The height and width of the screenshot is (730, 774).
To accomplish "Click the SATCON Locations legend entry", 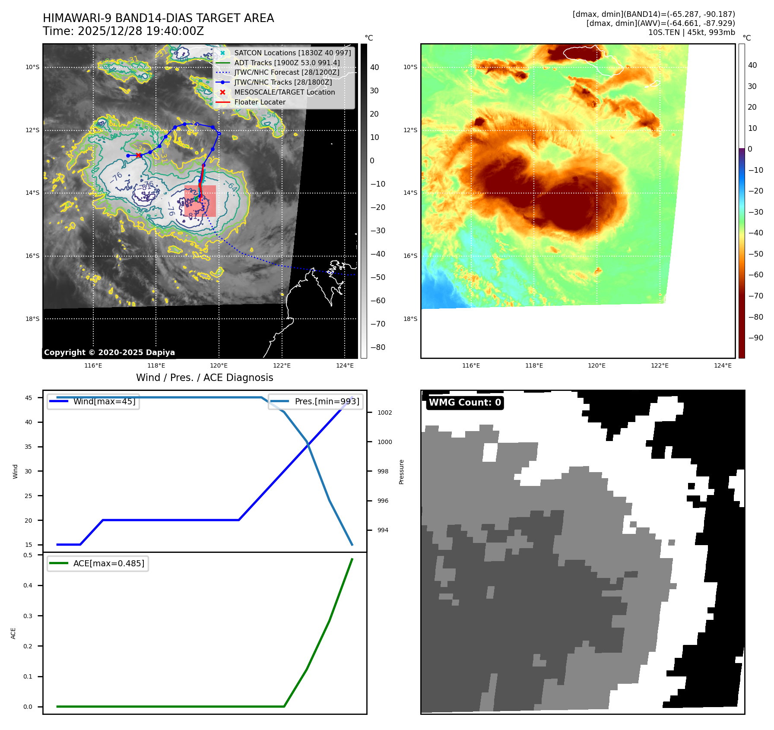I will click(x=292, y=53).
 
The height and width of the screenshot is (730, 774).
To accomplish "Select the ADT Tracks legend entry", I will click(x=287, y=63).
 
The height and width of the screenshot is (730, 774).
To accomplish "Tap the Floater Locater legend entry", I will click(x=260, y=102).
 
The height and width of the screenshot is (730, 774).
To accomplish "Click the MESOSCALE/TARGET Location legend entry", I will click(x=284, y=92).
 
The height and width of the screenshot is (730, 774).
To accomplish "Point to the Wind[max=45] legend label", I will click(x=104, y=401).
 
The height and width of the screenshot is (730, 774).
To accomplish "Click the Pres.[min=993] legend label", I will click(x=327, y=401).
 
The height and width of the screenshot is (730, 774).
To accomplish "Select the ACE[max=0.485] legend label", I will click(x=108, y=563).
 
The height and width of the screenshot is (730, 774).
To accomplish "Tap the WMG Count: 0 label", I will click(x=465, y=403).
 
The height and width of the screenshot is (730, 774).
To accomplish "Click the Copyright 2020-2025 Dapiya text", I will click(x=109, y=352).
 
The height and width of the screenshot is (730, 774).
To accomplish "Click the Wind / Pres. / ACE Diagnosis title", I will click(x=204, y=378).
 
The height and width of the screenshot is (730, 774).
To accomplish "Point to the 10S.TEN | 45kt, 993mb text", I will click(x=691, y=32).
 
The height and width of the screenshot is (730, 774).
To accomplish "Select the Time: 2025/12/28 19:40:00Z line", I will click(x=123, y=31).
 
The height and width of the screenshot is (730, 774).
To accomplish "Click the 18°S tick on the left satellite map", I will click(x=32, y=319).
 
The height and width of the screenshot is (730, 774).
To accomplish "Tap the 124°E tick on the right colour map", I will click(x=723, y=365).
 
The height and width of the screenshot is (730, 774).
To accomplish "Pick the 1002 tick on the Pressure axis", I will click(x=384, y=413).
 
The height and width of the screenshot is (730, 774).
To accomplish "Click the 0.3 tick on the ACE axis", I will click(x=28, y=616).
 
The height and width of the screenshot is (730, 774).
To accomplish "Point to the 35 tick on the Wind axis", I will click(x=29, y=447).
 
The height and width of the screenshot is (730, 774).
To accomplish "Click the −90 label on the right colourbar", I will click(x=755, y=338).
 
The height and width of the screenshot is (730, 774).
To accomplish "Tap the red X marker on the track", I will click(x=138, y=156).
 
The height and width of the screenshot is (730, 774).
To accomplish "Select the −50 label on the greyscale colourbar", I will click(x=377, y=277).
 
